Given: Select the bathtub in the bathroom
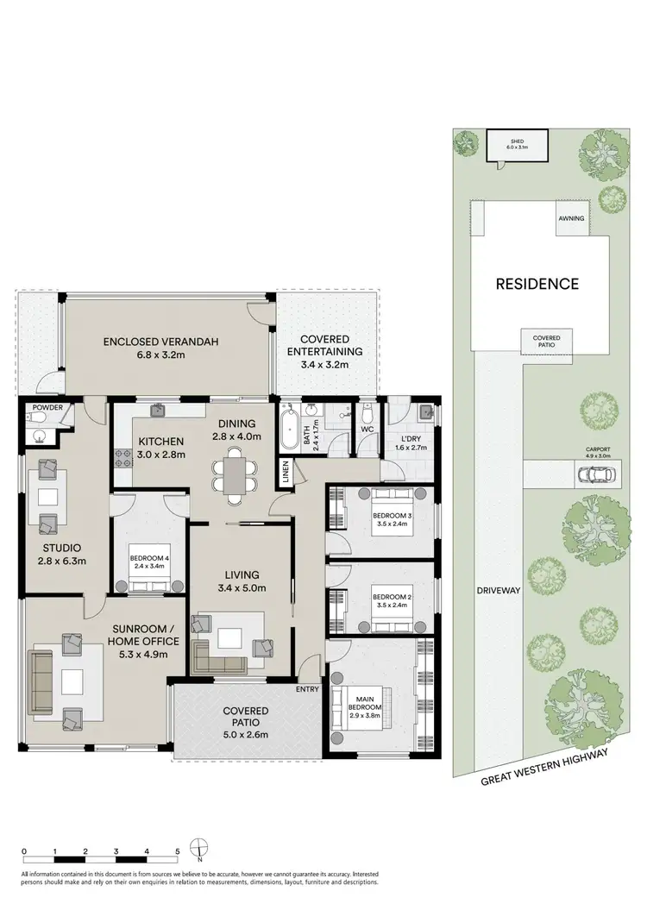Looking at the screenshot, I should coord(289,426).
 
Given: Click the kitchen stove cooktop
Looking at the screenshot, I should coord(122,474).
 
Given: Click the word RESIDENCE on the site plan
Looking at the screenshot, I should coord(536,283).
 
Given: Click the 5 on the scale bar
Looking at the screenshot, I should coord(177,851).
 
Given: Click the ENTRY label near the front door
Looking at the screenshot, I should coord(306,688).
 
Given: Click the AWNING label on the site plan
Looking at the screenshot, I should coord(571,218).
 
